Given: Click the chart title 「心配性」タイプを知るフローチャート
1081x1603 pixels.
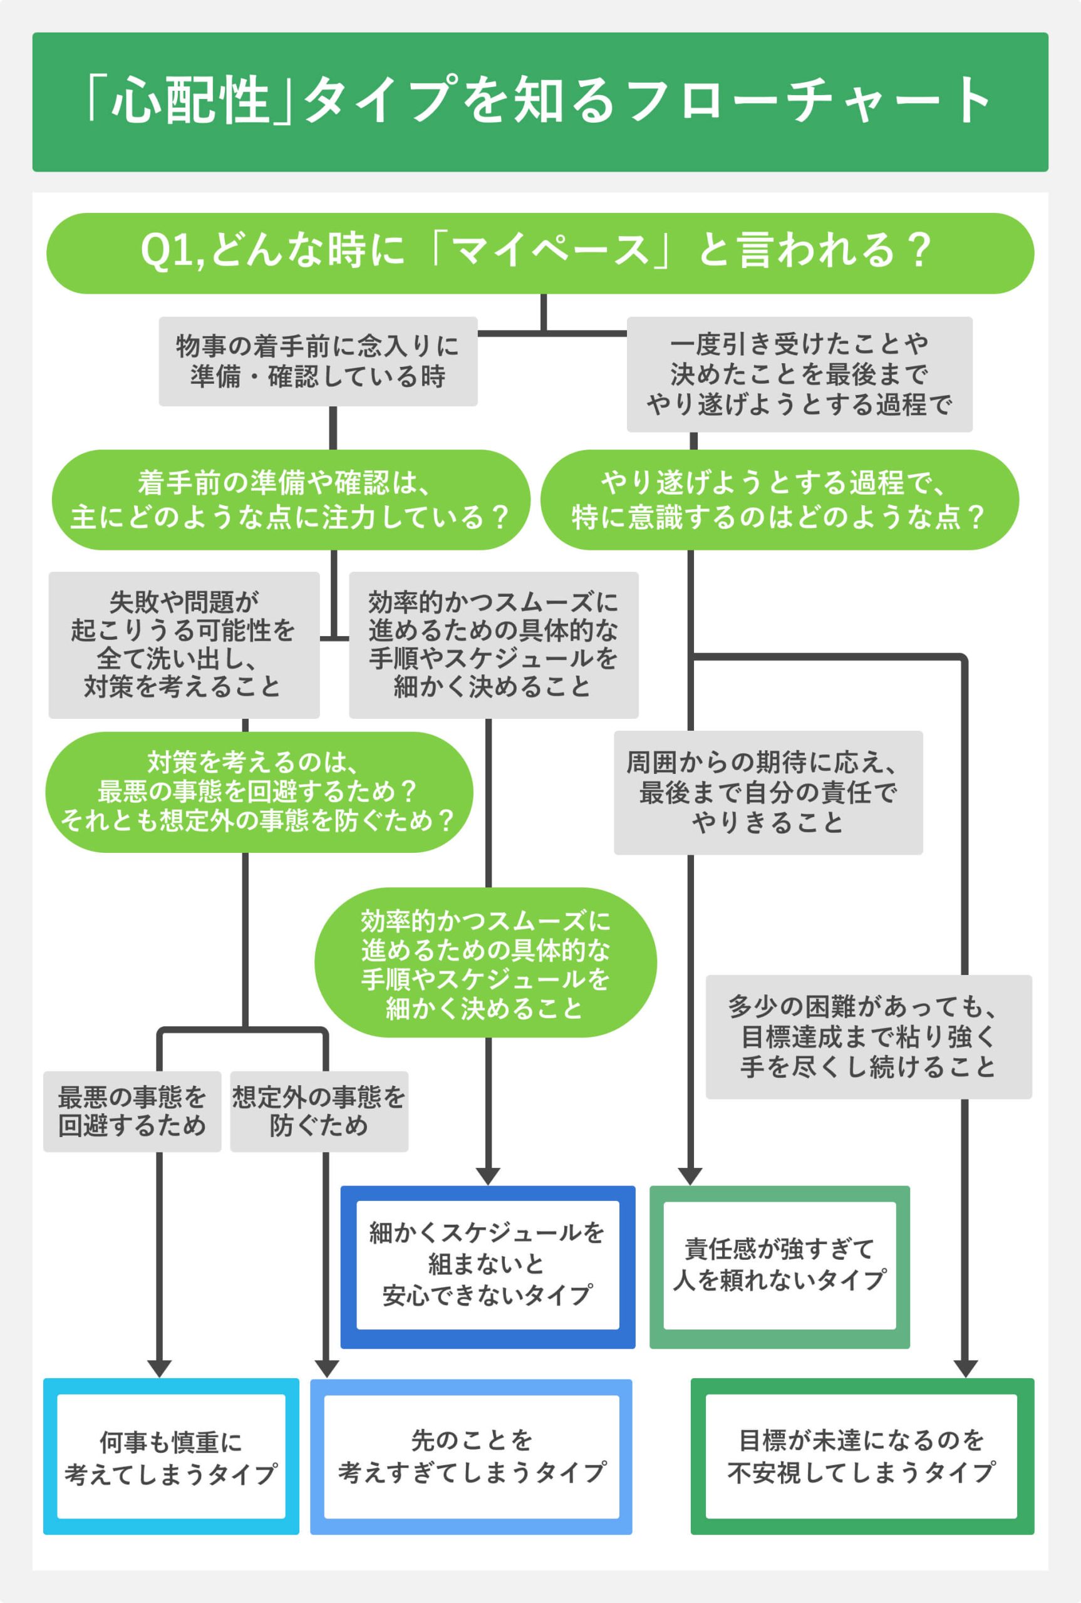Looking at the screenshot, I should (540, 101).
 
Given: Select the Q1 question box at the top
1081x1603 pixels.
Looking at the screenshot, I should (540, 252).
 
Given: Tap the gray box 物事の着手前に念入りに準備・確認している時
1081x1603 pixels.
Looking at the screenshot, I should (318, 361).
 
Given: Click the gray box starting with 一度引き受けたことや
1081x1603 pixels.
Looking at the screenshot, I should (799, 374).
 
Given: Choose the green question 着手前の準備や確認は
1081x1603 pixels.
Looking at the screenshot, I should (291, 500).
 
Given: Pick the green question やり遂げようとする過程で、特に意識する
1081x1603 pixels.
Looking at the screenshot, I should (779, 500).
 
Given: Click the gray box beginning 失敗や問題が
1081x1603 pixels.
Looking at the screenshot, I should (184, 644).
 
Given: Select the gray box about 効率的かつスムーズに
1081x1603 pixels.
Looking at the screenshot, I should (493, 644).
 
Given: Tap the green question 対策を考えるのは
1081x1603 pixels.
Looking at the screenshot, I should (259, 792).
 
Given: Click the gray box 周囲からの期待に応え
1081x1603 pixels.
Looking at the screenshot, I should (768, 792).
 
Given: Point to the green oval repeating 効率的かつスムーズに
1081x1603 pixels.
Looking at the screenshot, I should (485, 963).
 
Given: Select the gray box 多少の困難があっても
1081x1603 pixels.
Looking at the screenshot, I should (868, 1036).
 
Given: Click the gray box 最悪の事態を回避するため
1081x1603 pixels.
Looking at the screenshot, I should (132, 1111).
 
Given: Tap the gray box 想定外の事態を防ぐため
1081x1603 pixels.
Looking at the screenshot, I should (319, 1111).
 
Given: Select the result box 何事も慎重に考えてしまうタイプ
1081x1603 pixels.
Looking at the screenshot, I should (170, 1456).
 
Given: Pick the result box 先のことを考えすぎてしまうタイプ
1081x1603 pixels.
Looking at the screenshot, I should (471, 1456).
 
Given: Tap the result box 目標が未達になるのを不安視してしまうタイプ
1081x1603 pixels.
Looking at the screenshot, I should (862, 1456).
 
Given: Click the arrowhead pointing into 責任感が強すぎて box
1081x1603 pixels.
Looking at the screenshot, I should (690, 1176).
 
